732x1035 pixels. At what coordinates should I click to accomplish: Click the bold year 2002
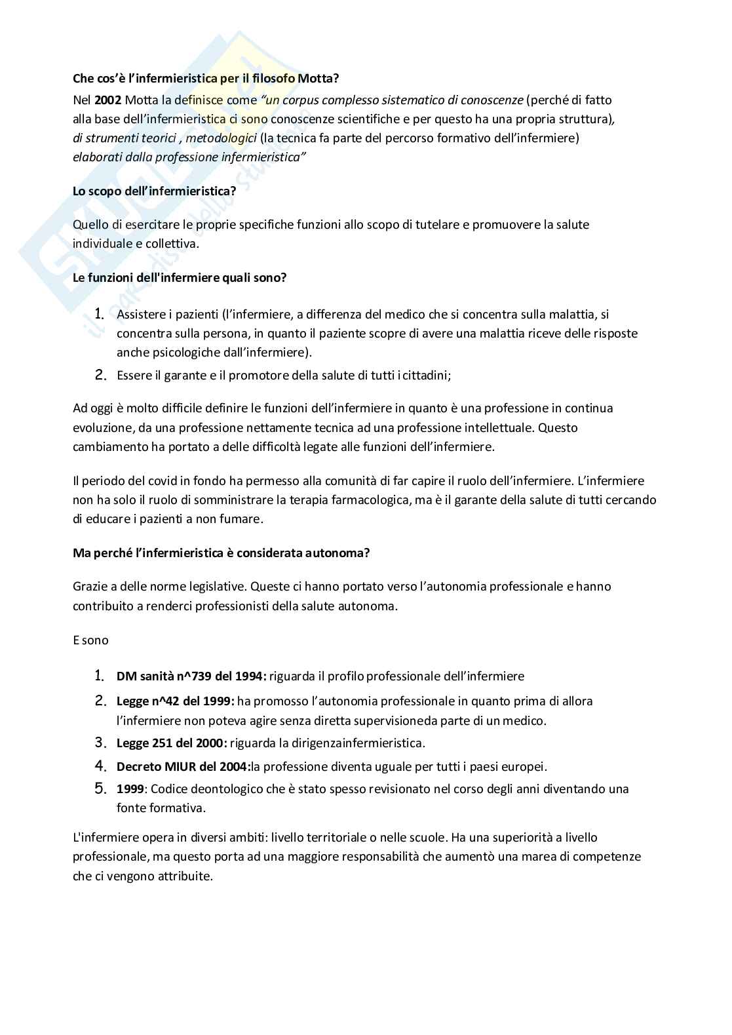click(x=107, y=100)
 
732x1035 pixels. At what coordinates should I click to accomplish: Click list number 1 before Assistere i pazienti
click(x=100, y=314)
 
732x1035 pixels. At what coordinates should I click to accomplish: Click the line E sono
click(x=90, y=640)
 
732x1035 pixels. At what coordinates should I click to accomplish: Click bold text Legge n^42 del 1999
click(x=175, y=701)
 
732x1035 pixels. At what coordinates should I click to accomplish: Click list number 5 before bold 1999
click(x=100, y=789)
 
